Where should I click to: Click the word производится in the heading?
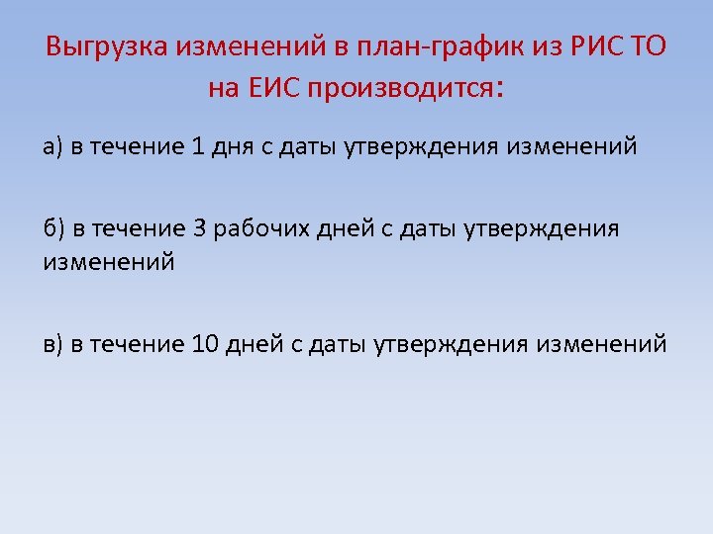(x=396, y=89)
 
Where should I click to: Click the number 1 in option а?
(x=198, y=147)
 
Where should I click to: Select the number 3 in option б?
(x=199, y=229)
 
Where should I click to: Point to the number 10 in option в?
(x=205, y=344)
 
